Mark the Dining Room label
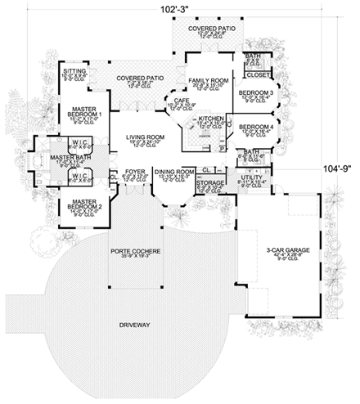pos(175,172)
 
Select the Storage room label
pos(210,183)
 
